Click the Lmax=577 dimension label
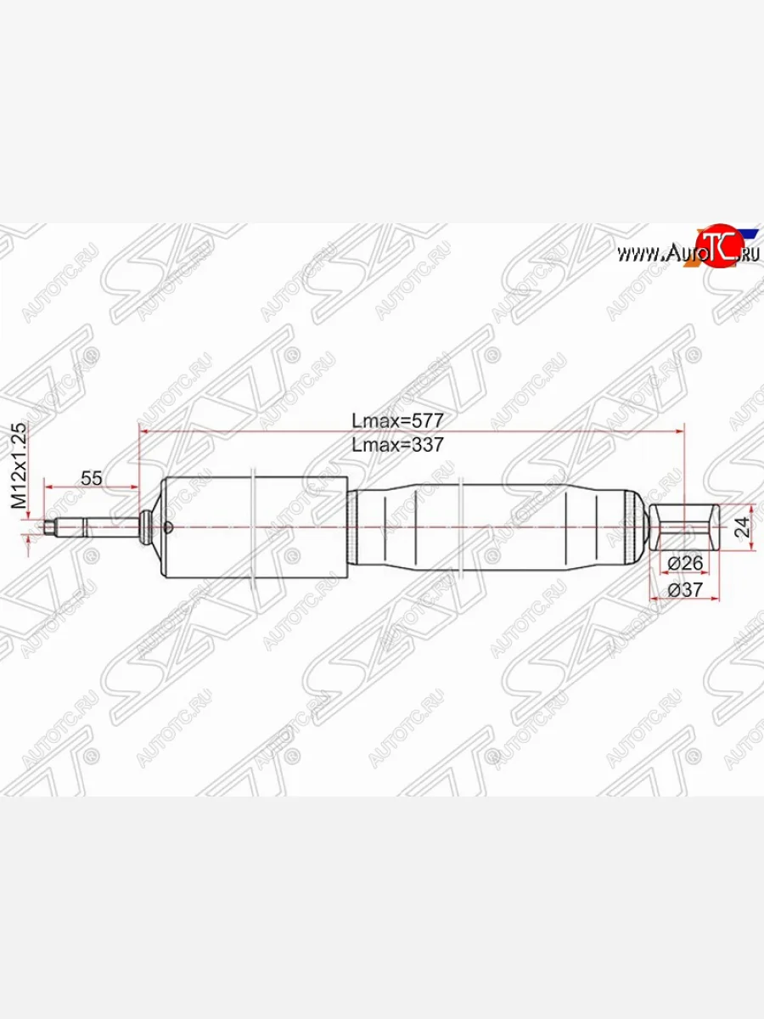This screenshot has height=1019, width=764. coord(398,420)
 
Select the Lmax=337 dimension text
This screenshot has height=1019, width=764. coord(398,444)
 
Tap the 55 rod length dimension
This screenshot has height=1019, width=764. coord(92,478)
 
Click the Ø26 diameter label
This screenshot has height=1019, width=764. coord(686,563)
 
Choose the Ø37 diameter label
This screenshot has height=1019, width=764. coord(686,589)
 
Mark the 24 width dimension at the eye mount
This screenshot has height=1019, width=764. coord(742,528)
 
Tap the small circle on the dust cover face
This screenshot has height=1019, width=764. coord(168,528)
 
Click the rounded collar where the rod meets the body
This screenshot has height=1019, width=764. coord(148,527)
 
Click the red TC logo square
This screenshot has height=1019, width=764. coord(717,247)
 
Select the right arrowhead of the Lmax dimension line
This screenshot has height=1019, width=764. coord(678,432)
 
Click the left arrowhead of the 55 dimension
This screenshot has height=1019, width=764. coord(49,488)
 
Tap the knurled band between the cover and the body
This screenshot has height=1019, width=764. coord(351,528)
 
